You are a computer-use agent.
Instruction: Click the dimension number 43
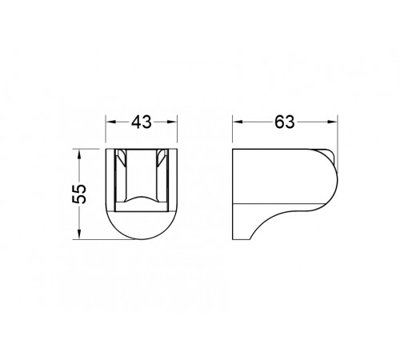142,122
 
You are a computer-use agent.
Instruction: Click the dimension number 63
285,122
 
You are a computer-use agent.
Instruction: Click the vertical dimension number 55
79,194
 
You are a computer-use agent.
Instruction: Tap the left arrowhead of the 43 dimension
110,122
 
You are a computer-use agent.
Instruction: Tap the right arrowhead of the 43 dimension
172,122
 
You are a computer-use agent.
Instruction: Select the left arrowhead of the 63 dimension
238,122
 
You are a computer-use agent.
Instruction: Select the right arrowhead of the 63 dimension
332,122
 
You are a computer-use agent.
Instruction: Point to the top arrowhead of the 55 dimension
79,154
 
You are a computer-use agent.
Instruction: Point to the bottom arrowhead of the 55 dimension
79,234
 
